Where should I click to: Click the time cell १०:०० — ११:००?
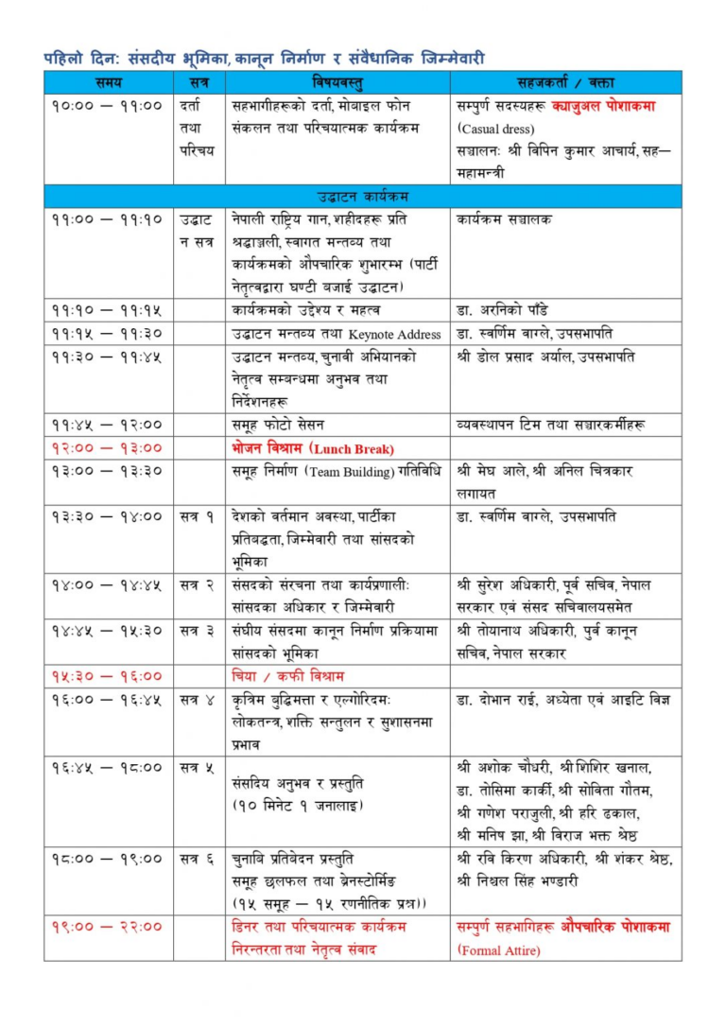coord(108,106)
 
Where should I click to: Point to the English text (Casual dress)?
coord(496,129)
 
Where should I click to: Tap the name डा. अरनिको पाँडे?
coord(502,310)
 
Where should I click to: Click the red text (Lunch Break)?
coord(353,448)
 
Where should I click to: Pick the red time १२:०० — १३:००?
coord(108,448)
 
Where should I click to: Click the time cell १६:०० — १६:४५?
coord(108,699)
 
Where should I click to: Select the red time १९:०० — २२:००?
coord(108,927)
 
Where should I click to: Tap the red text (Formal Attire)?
coord(496,949)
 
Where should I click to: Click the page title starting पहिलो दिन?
coord(264,57)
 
